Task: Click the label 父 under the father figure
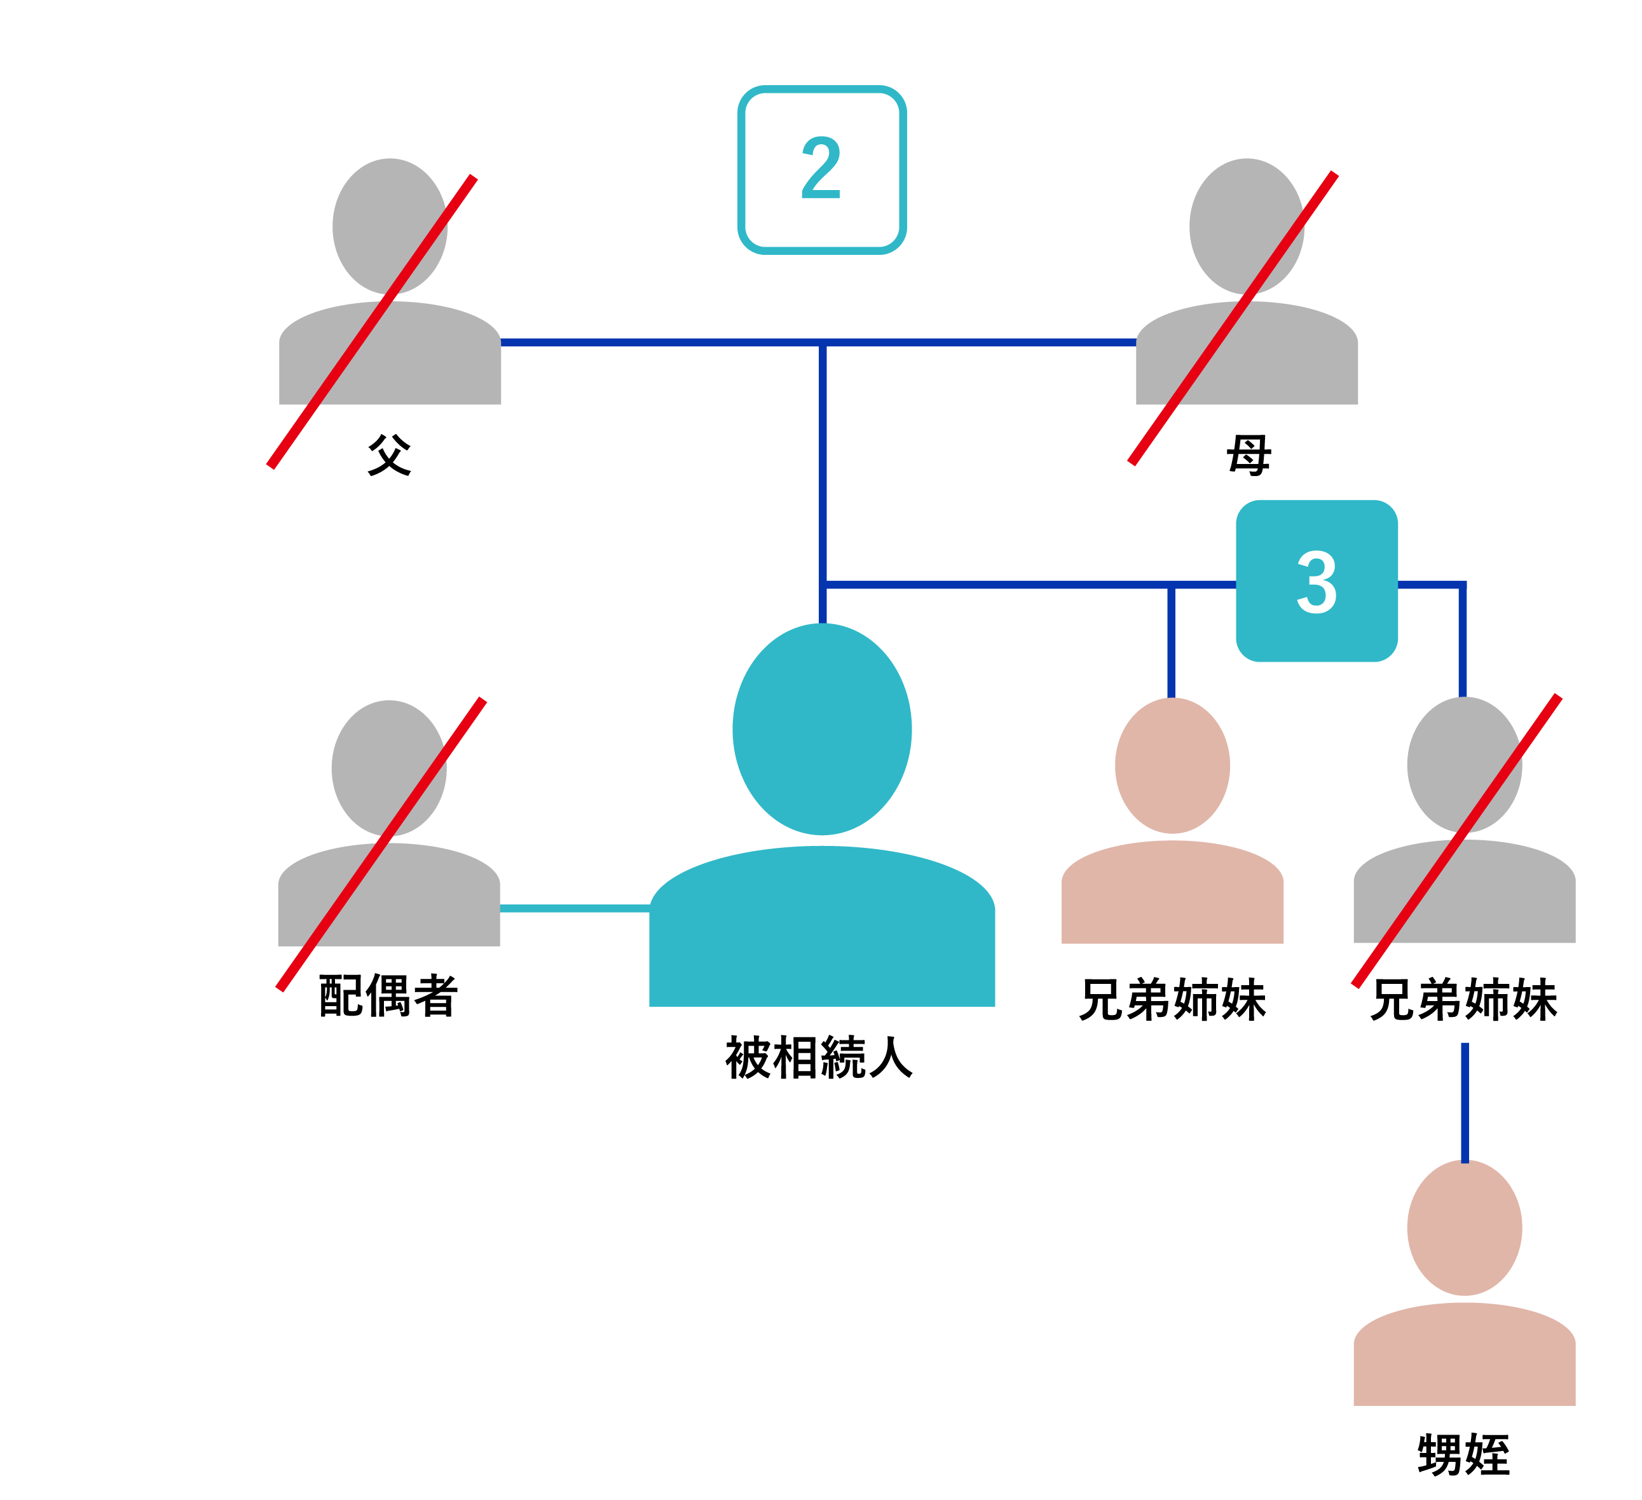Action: pos(389,454)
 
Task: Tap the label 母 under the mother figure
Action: pos(1249,454)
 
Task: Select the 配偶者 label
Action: pos(388,996)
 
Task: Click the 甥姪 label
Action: pos(1463,1456)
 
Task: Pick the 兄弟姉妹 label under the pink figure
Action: pos(1173,1000)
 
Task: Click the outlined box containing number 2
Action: pos(822,169)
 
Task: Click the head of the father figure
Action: pos(389,226)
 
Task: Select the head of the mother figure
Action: pos(1246,226)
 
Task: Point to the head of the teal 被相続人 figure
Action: pos(822,730)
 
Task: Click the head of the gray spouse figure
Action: pos(388,768)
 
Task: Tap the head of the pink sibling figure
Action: pos(1172,765)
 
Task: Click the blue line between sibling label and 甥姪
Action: pos(1465,1103)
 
